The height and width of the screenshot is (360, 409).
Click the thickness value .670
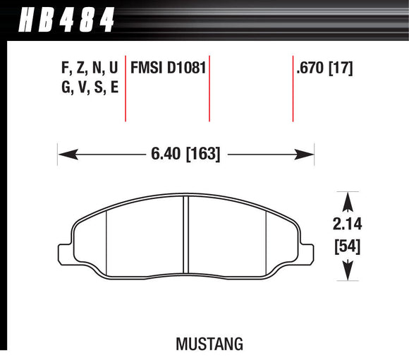click(311, 69)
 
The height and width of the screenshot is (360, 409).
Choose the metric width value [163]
click(203, 153)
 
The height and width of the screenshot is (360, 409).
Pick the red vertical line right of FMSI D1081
click(209, 88)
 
